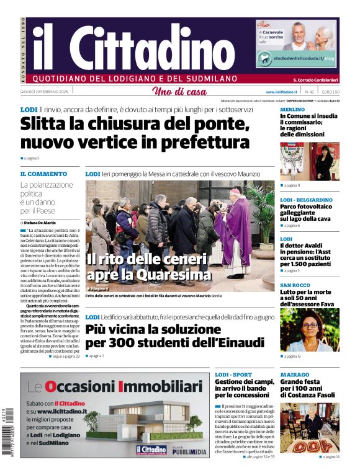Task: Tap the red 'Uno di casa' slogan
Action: coord(179,92)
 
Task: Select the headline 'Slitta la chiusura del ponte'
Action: coord(135,123)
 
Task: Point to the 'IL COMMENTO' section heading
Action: coord(43,174)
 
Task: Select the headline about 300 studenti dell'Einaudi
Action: coord(174,335)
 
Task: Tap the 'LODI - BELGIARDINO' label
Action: coord(306,200)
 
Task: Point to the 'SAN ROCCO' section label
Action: coord(295,285)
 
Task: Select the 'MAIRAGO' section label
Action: coord(294,375)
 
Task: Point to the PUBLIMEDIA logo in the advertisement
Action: coord(188,453)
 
